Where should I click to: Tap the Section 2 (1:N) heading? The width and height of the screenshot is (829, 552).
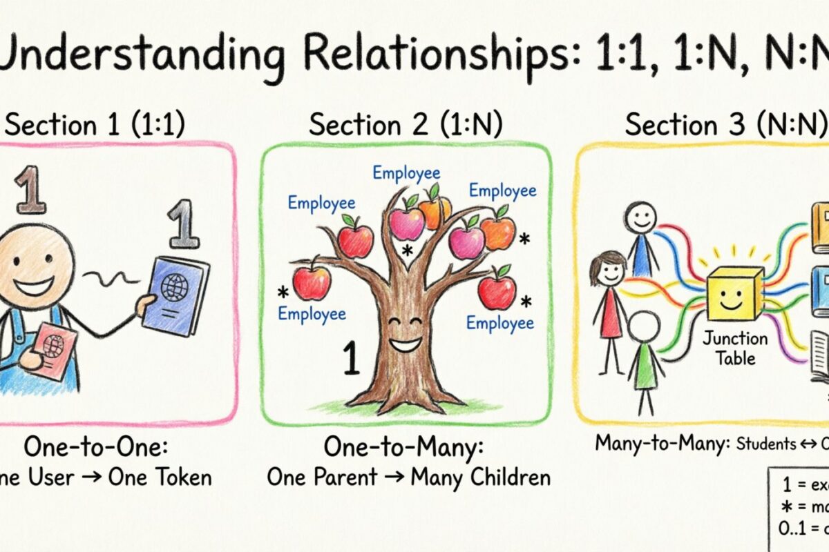406,125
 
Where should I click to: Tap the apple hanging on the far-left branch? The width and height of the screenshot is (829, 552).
312,282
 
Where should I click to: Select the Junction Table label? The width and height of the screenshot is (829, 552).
735,348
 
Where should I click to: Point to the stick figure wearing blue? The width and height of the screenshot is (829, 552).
641,239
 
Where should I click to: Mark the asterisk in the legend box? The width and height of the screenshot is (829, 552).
786,508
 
